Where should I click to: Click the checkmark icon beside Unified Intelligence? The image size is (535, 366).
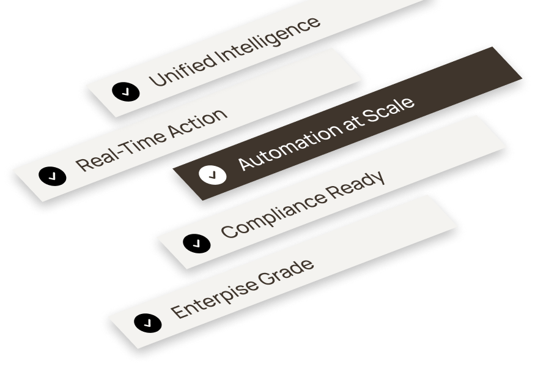click(126, 92)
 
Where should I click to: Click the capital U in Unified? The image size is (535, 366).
click(157, 78)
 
